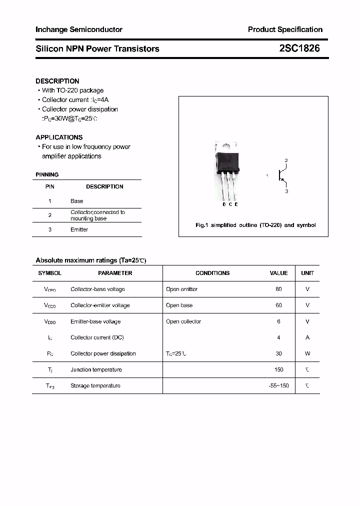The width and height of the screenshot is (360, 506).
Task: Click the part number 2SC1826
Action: pos(299,48)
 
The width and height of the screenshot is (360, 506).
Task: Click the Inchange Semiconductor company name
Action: pos(79,29)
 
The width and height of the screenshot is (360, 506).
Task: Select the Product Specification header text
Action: pos(285,29)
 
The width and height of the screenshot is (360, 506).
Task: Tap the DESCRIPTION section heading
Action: pos(57,81)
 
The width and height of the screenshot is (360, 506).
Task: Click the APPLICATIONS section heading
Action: pos(59,137)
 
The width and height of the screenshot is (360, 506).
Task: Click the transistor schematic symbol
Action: pos(281,175)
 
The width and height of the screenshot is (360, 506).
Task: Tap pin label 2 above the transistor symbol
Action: pos(286,160)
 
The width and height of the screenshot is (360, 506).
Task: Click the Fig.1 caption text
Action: pos(255,225)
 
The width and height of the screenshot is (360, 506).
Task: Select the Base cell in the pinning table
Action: pos(77,201)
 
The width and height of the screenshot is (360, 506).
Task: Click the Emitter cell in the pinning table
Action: pos(79,229)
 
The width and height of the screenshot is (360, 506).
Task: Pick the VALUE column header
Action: pos(278,273)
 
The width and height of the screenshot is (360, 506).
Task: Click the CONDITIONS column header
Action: pos(212,273)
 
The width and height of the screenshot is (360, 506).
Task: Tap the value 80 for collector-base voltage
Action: pos(278,289)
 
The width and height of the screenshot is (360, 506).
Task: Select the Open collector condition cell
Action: pos(183,321)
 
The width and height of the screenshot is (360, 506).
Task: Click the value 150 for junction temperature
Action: pos(278,369)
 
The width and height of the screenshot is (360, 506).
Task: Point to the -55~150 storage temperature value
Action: pos(278,385)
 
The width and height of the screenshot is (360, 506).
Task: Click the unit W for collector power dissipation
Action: pos(307,353)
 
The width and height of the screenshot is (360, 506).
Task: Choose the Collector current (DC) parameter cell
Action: pos(97,337)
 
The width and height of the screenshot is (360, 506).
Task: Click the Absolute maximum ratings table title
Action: pos(91,260)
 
